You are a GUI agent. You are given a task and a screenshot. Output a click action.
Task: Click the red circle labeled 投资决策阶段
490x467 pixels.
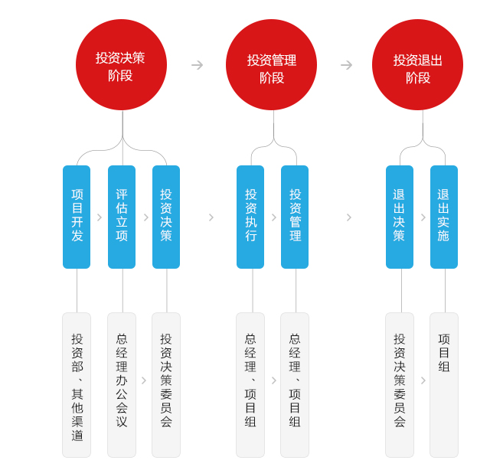[121, 65]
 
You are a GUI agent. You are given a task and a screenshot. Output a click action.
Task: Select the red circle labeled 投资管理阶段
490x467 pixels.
[271, 65]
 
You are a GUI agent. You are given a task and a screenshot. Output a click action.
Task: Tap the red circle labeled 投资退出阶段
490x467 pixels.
[417, 65]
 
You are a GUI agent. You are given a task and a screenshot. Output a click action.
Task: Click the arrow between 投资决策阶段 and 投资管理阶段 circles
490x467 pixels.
[198, 65]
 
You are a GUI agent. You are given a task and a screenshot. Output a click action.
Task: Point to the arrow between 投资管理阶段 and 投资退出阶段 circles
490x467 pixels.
[346, 65]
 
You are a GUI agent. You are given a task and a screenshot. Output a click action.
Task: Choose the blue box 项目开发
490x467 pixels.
[77, 217]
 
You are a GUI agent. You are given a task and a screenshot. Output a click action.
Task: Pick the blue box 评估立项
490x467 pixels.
[122, 217]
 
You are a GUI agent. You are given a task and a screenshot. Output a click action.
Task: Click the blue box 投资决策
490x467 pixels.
[166, 217]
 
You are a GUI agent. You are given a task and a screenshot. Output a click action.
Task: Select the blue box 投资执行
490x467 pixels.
[250, 217]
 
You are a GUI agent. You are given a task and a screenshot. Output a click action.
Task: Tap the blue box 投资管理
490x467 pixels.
[295, 217]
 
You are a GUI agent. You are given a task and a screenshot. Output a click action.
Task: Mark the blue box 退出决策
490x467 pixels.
[400, 217]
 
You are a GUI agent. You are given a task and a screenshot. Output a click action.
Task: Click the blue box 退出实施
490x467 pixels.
[444, 217]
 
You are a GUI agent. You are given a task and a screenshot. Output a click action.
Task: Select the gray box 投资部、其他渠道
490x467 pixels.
[77, 385]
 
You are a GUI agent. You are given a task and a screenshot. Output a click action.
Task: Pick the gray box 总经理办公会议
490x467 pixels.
[122, 385]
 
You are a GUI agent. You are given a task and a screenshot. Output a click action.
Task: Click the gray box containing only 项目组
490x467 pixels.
[444, 385]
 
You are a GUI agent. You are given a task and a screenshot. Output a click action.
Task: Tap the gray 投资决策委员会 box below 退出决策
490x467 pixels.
[400, 385]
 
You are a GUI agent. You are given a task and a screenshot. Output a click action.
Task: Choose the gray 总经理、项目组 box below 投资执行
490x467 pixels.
[250, 385]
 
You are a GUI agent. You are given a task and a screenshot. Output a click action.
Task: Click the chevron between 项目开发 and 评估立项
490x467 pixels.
[100, 217]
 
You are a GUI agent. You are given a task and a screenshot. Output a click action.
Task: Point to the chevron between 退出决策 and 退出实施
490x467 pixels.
[423, 217]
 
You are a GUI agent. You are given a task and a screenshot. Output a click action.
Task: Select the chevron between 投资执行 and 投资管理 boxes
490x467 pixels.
[274, 217]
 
